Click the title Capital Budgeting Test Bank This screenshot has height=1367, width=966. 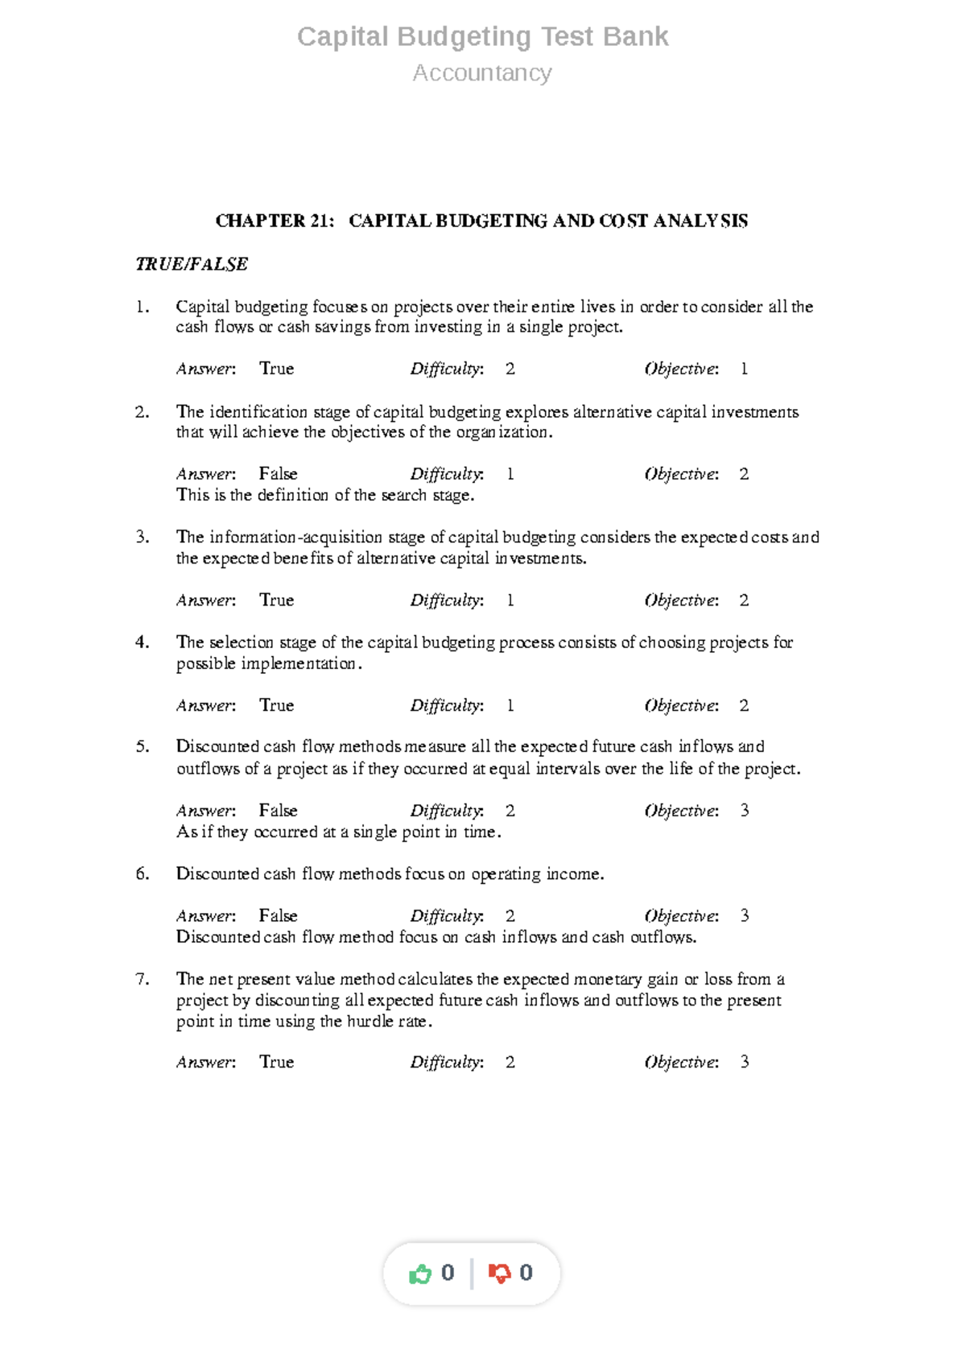pyautogui.click(x=482, y=37)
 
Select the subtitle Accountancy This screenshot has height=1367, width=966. pyautogui.click(x=482, y=73)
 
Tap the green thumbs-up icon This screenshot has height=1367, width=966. pyautogui.click(x=420, y=1274)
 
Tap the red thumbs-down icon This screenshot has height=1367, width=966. pyautogui.click(x=499, y=1274)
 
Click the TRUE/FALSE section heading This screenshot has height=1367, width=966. pyautogui.click(x=192, y=264)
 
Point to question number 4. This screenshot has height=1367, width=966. pyautogui.click(x=142, y=642)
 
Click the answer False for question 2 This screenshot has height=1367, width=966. pyautogui.click(x=278, y=474)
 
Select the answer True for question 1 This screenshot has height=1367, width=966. pyautogui.click(x=276, y=369)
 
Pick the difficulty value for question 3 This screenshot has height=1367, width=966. pyautogui.click(x=510, y=601)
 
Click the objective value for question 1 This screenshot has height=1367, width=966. pyautogui.click(x=744, y=369)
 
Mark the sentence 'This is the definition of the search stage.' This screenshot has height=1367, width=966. pyautogui.click(x=325, y=495)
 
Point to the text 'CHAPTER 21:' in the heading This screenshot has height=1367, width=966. pyautogui.click(x=275, y=221)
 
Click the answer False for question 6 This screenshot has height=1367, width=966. pyautogui.click(x=278, y=916)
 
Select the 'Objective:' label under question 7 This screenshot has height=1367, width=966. pyautogui.click(x=681, y=1063)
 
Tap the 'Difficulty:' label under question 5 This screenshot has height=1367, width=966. pyautogui.click(x=447, y=811)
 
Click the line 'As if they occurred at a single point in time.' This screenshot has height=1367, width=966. pyautogui.click(x=338, y=832)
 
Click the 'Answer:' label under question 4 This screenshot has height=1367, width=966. pyautogui.click(x=206, y=706)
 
